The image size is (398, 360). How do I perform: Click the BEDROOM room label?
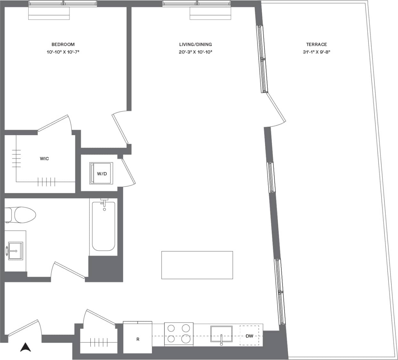63,45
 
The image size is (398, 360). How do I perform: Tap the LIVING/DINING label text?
195,45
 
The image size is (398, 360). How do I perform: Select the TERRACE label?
316,45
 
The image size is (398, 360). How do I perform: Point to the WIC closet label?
45,159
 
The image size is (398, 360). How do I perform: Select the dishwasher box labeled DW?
249,336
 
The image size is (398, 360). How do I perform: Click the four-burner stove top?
179,334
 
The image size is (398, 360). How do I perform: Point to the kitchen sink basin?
221,334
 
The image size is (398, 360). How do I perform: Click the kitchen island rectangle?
197,265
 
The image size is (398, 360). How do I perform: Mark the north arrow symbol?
26,347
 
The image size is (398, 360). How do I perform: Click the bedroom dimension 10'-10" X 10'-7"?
63,52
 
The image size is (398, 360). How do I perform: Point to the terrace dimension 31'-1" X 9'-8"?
316,52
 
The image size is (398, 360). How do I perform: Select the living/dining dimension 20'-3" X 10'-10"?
195,52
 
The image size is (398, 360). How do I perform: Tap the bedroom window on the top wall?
63,4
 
